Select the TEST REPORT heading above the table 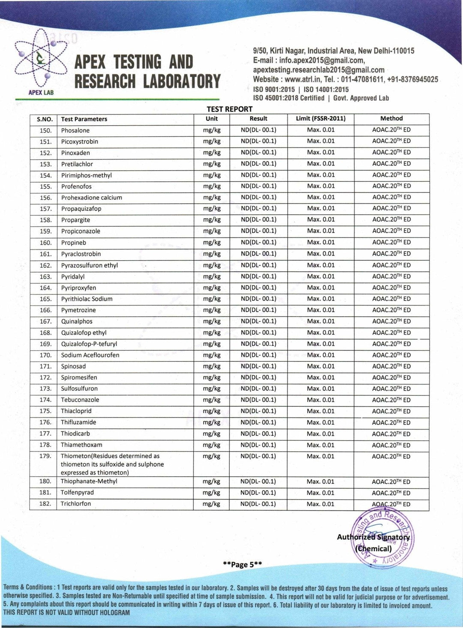(229, 109)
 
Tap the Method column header (391, 118)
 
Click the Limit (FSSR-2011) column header (320, 118)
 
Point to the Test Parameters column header (84, 119)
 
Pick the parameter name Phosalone (75, 130)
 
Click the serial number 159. (45, 231)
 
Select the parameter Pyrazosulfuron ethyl (89, 265)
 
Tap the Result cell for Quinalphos (258, 321)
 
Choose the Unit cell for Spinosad (211, 366)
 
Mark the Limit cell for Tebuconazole (320, 400)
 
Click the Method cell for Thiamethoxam (391, 445)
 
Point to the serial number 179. (45, 456)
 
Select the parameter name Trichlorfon (76, 504)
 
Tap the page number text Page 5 (242, 565)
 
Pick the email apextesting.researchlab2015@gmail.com (319, 70)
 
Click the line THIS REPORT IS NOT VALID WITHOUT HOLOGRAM (66, 613)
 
